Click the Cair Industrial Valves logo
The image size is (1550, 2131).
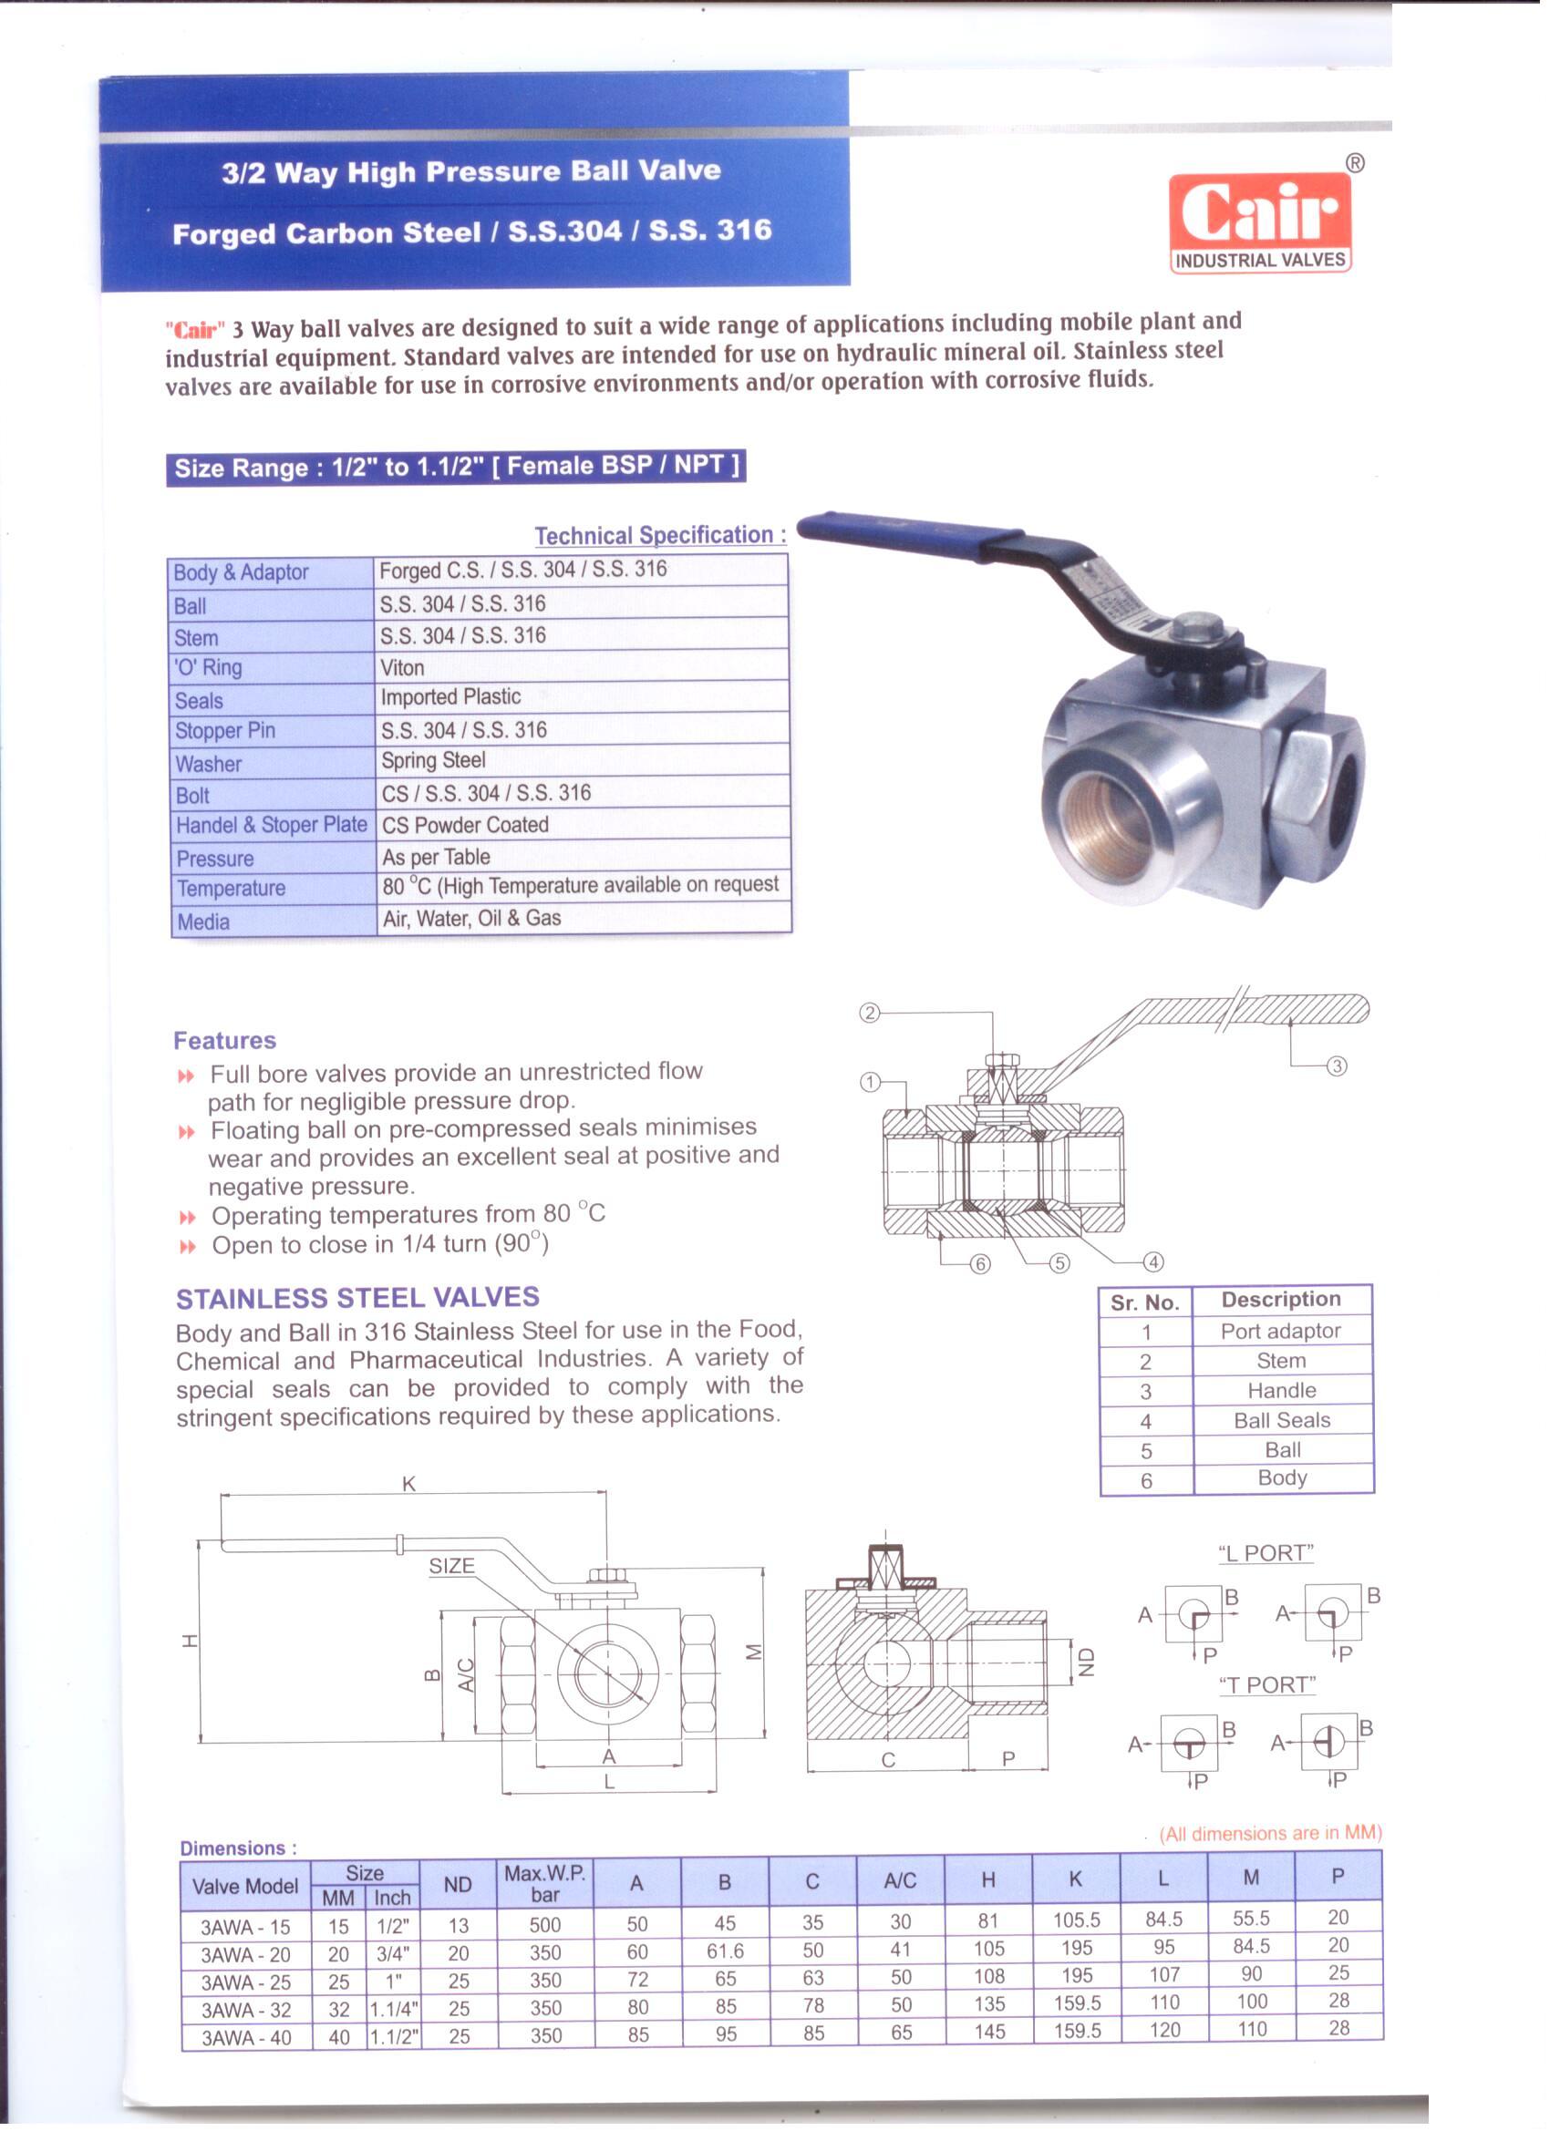pyautogui.click(x=1259, y=222)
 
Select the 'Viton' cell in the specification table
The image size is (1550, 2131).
pyautogui.click(x=402, y=667)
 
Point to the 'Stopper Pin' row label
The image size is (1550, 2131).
pyautogui.click(x=224, y=730)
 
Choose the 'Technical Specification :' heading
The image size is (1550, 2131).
pyautogui.click(x=660, y=535)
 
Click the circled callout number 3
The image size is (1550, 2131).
pyautogui.click(x=1337, y=1065)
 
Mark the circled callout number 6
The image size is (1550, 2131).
pyautogui.click(x=980, y=1264)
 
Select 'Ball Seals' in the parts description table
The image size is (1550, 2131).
pyautogui.click(x=1281, y=1420)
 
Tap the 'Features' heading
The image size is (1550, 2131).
pyautogui.click(x=224, y=1040)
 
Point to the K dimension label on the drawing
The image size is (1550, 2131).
pyautogui.click(x=408, y=1484)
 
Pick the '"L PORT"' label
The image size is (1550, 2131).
pyautogui.click(x=1266, y=1553)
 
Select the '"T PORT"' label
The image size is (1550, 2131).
pyautogui.click(x=1267, y=1684)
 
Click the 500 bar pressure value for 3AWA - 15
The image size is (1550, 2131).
pyautogui.click(x=545, y=1924)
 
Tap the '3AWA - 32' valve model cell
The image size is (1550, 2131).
pyautogui.click(x=245, y=2010)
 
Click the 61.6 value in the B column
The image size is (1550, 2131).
pyautogui.click(x=725, y=1951)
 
